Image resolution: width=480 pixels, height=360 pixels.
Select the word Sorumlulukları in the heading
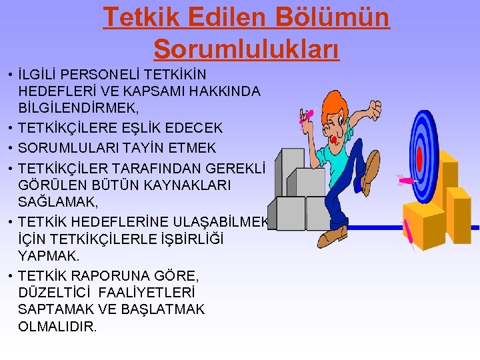click(246, 48)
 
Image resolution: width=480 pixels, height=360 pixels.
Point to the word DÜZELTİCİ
click(56, 293)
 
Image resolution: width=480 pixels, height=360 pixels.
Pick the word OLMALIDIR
click(58, 327)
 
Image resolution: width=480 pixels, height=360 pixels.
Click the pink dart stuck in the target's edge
click(405, 179)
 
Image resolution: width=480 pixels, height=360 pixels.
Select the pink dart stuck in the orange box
click(409, 233)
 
